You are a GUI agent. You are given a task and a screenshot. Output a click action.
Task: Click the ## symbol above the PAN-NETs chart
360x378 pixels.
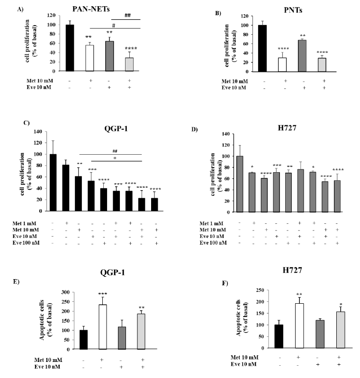click(127, 15)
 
